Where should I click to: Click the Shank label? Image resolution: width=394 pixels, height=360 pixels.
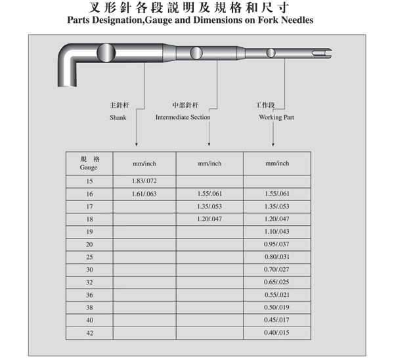point(118,118)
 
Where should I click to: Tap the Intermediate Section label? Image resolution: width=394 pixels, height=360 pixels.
point(183,117)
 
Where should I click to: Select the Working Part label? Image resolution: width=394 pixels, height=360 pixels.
point(276,118)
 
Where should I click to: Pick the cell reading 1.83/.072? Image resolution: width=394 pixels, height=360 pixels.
point(144,181)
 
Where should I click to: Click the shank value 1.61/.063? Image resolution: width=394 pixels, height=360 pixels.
point(144,194)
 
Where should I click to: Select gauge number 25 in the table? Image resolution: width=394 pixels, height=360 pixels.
point(89,257)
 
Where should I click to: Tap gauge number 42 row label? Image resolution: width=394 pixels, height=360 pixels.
point(90,333)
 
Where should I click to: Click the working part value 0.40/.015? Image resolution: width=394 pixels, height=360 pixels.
point(276,332)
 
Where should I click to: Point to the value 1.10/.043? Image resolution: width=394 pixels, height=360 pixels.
point(276,231)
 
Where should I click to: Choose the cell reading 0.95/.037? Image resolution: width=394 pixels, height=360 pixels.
point(276,244)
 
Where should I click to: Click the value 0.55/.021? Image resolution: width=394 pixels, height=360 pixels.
point(276,295)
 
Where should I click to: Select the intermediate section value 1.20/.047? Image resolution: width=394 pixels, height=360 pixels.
point(209,219)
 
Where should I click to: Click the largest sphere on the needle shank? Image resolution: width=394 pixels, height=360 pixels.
point(106,53)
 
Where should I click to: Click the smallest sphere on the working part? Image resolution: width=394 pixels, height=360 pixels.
point(271,53)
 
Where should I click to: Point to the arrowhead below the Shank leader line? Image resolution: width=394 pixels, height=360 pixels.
point(137,145)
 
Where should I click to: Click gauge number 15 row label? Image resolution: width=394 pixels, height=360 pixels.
point(89,181)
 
